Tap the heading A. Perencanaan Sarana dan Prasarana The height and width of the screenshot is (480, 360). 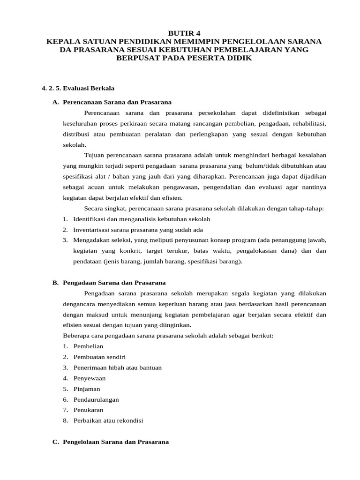(x=112, y=102)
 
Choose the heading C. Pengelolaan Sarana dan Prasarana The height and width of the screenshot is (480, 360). (x=111, y=442)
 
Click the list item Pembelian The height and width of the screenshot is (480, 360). (x=88, y=346)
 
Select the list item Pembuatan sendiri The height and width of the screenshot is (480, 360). (x=99, y=357)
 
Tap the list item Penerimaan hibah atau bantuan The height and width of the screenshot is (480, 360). (x=117, y=367)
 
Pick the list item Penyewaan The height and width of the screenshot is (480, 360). (x=90, y=378)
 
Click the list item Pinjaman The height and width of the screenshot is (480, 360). (x=87, y=389)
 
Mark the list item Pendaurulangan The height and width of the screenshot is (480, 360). (x=96, y=399)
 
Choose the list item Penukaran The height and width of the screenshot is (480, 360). (x=88, y=410)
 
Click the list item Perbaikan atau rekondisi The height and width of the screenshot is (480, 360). (x=108, y=420)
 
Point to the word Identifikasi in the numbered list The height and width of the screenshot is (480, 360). (x=89, y=219)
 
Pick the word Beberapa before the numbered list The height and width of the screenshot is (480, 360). (x=75, y=336)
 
